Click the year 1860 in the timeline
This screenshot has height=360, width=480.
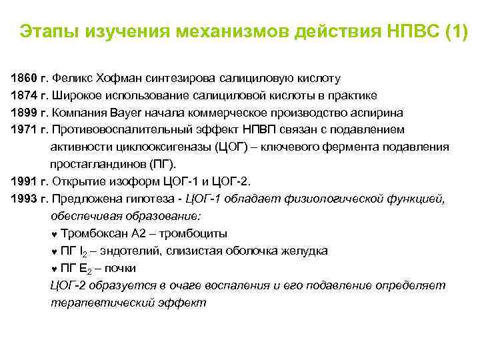23,77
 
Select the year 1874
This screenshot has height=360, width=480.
23,94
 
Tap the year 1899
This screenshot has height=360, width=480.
23,111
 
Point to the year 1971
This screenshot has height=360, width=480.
23,129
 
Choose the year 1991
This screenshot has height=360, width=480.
23,181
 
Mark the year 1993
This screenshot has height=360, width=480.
23,198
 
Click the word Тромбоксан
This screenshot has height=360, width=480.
93,233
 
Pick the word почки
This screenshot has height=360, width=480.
121,268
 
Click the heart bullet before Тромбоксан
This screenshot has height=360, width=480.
54,233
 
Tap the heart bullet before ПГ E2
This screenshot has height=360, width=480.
54,269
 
